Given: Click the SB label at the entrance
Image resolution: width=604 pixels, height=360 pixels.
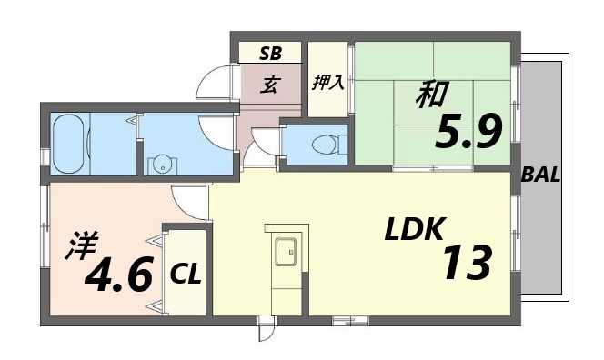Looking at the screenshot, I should [x=270, y=53].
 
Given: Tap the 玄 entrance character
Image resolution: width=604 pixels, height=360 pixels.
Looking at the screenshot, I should [x=270, y=85].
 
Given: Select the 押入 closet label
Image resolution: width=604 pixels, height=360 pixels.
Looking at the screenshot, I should [x=327, y=83].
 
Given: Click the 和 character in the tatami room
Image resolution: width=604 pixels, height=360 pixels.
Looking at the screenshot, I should [x=431, y=95].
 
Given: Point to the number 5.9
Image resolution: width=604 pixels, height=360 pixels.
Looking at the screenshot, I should [x=469, y=135].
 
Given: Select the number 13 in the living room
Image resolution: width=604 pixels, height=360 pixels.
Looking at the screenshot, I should [x=468, y=263].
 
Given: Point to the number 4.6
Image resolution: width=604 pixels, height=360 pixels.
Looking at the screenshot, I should [x=118, y=275].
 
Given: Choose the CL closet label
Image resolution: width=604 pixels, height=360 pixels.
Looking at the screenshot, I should [x=186, y=273].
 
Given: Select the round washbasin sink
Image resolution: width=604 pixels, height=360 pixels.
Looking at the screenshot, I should [x=162, y=165].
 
